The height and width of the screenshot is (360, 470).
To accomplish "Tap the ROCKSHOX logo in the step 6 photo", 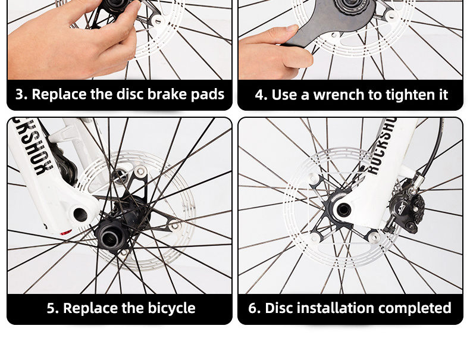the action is click(x=381, y=147).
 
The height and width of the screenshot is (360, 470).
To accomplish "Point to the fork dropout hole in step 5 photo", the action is click(x=80, y=215).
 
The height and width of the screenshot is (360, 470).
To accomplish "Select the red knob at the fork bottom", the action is click(x=65, y=233).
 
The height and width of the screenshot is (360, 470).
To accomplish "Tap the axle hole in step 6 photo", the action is click(x=343, y=210).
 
